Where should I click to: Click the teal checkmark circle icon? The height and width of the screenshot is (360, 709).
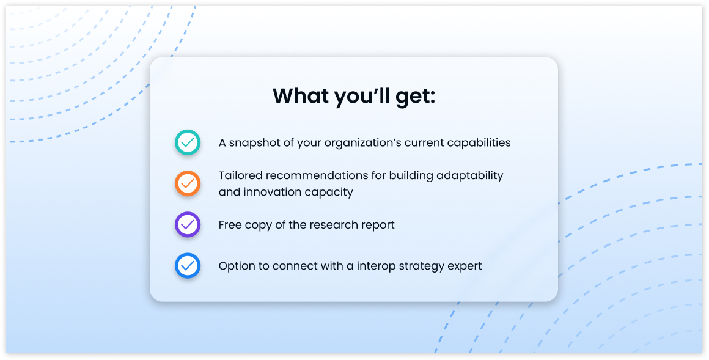pyautogui.click(x=188, y=142)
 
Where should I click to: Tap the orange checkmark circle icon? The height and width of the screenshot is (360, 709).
pyautogui.click(x=188, y=183)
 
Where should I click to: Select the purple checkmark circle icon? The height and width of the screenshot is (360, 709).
pyautogui.click(x=188, y=224)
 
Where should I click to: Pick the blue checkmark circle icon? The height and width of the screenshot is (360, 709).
pyautogui.click(x=188, y=265)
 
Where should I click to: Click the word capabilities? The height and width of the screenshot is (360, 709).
pyautogui.click(x=479, y=143)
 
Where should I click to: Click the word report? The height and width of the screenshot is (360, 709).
pyautogui.click(x=378, y=225)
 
